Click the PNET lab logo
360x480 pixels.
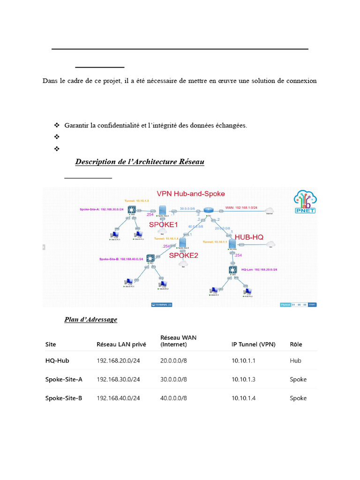click(305, 202)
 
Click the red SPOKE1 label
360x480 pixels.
click(164, 225)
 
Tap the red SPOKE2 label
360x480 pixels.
click(183, 255)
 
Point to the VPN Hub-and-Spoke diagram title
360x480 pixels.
click(190, 194)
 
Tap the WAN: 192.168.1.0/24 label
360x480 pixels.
click(242, 206)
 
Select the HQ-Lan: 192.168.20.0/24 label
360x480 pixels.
click(259, 270)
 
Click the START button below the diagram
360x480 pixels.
click(312, 305)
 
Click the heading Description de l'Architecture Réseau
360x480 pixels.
click(140, 162)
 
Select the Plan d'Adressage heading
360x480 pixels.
click(90, 320)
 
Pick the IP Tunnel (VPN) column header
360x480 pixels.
click(253, 344)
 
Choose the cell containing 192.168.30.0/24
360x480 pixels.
click(118, 379)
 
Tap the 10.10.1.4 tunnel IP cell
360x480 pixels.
click(243, 398)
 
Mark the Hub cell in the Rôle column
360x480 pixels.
click(295, 360)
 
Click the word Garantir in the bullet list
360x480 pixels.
click(76, 125)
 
